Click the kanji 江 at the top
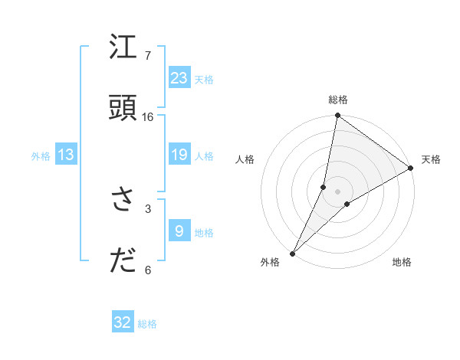[x=123, y=48]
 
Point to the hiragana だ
[x=123, y=261]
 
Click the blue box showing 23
[x=179, y=77]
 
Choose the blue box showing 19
[x=179, y=155]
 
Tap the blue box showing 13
[x=66, y=155]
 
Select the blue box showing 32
[x=123, y=322]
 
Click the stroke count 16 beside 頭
[x=148, y=116]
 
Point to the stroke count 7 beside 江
[x=148, y=56]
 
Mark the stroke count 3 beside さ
[x=148, y=208]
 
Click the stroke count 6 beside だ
[x=148, y=270]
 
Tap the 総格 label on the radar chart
[x=338, y=100]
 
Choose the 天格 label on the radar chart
[x=431, y=159]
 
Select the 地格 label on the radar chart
[x=402, y=262]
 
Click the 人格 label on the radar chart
[x=245, y=159]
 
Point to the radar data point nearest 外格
[x=292, y=253]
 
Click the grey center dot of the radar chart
[x=338, y=191]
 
